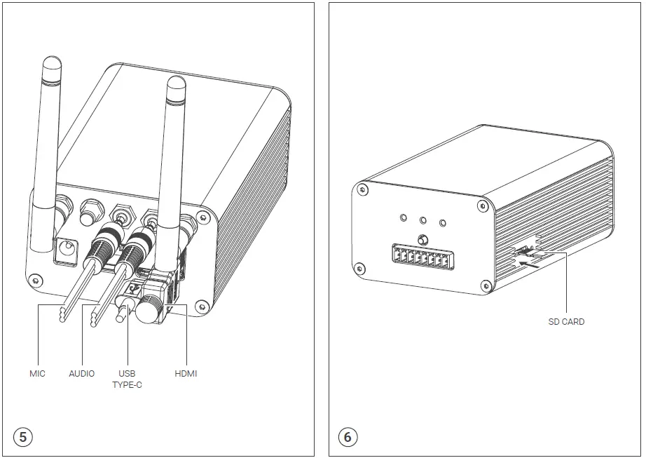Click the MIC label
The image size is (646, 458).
click(x=37, y=374)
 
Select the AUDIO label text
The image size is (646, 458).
click(x=81, y=374)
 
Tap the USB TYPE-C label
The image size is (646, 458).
click(x=127, y=379)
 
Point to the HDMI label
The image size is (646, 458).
click(x=186, y=374)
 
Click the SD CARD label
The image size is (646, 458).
click(x=566, y=322)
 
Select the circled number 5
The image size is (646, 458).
click(x=23, y=437)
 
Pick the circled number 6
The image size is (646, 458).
click(x=348, y=437)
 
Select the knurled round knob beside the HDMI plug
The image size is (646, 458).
click(x=149, y=309)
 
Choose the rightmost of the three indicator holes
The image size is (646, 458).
click(x=443, y=223)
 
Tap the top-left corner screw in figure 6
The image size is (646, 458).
click(x=362, y=188)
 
